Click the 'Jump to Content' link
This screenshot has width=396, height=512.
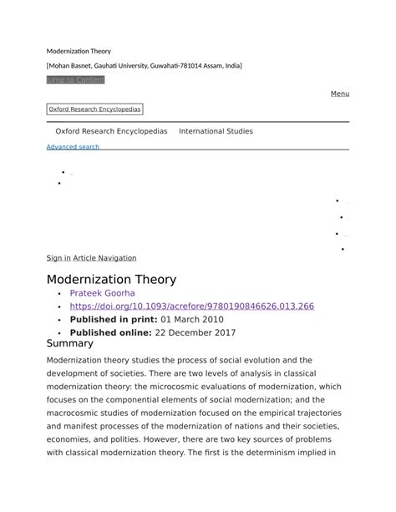coord(75,79)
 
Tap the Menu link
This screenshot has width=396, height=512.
coord(340,94)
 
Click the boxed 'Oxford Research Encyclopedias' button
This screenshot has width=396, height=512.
coord(94,109)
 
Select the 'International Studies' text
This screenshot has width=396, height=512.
coord(216,131)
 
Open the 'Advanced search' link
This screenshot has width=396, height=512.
coord(73,147)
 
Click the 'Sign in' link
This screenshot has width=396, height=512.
coord(58,258)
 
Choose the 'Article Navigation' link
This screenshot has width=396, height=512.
coord(104,258)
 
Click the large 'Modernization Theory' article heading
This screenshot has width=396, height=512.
coord(111,279)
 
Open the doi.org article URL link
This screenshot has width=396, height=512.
coord(191,307)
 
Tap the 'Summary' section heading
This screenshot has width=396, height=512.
coord(69,343)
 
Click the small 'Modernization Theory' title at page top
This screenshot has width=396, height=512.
coord(79,52)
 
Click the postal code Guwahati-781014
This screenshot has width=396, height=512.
coord(188,65)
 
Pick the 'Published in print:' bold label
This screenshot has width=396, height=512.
coord(114,319)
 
